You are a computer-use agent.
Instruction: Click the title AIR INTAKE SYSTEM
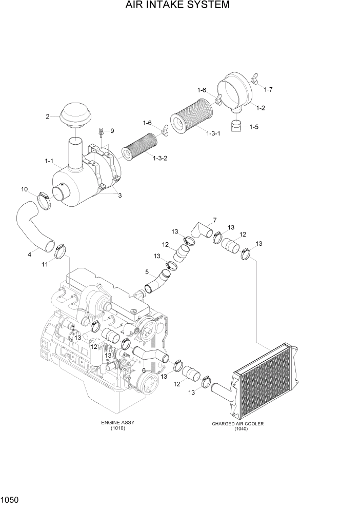pos(177,6)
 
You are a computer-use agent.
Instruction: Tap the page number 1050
pos(11,499)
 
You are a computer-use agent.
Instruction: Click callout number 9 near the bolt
pos(112,131)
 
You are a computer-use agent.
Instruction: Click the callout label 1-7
pos(268,90)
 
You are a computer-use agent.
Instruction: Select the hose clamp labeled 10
pos(44,199)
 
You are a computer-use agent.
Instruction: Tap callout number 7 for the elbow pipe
pos(214,221)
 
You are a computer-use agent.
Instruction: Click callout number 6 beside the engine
pos(144,370)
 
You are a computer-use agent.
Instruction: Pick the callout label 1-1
pos(49,162)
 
